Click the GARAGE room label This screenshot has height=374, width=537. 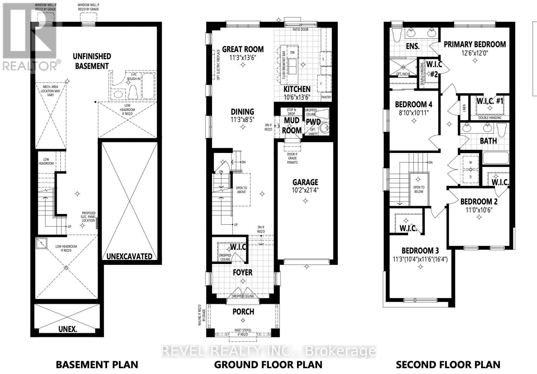coord(305,182)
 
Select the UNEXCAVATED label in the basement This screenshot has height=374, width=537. coord(129,256)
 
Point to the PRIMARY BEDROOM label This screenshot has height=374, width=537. coord(475,44)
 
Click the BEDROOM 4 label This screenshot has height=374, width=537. coord(413,104)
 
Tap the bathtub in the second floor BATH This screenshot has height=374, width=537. coord(495,158)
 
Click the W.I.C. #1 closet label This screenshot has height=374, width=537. coord(490,101)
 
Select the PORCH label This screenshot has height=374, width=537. coord(243,312)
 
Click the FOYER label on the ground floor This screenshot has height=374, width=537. coord(242,272)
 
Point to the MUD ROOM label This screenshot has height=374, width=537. coord(291,125)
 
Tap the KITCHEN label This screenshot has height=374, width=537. coord(297,89)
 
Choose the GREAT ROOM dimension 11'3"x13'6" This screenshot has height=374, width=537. coord(243,57)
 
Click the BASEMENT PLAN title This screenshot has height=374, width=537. coord(97,365)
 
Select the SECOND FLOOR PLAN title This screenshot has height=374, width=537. coord(448,365)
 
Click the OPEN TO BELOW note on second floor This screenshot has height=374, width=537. coord(419,190)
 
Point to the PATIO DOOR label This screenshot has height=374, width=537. coord(300,30)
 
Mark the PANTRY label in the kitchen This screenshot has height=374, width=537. coord(326,97)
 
